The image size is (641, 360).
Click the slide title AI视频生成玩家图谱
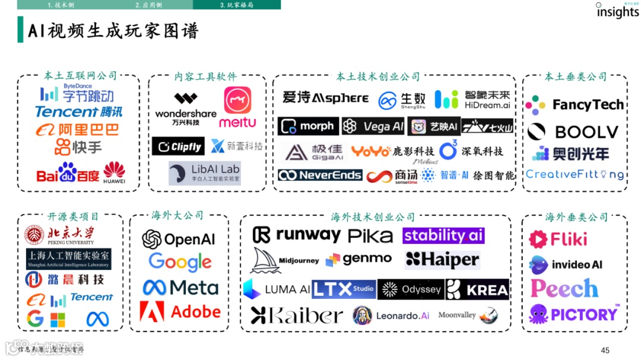pyautogui.click(x=113, y=30)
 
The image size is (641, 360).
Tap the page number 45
pyautogui.click(x=605, y=350)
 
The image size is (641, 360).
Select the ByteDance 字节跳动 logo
pyautogui.click(x=77, y=93)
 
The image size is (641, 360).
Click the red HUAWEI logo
pyautogui.click(x=114, y=173)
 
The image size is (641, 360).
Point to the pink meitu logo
pyautogui.click(x=237, y=107)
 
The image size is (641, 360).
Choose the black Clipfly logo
pyautogui.click(x=178, y=146)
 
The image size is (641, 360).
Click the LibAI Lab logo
pyautogui.click(x=204, y=173)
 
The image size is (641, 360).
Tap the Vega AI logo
pyautogui.click(x=374, y=126)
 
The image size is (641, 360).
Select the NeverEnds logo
pyautogui.click(x=320, y=175)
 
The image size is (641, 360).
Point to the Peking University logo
pyautogui.click(x=59, y=235)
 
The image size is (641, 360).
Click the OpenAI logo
pyautogui.click(x=179, y=239)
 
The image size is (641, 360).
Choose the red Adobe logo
pyautogui.click(x=180, y=311)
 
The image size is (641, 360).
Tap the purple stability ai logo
pyautogui.click(x=443, y=235)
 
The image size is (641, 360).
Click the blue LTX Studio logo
pyautogui.click(x=344, y=289)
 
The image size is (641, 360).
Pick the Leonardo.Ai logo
pyautogui.click(x=391, y=316)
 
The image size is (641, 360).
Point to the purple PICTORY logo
pyautogui.click(x=574, y=314)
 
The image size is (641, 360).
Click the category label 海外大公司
pyautogui.click(x=177, y=215)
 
